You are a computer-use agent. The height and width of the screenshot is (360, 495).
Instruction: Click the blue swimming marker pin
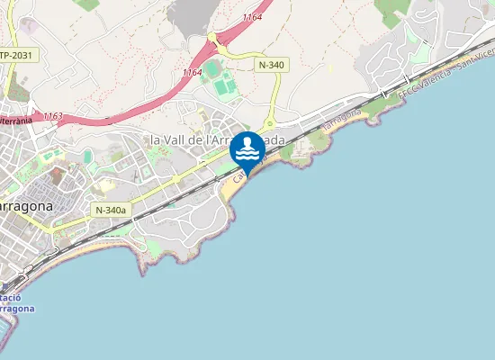[x=247, y=149]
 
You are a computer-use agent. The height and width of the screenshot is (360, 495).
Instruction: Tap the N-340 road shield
[x=272, y=65]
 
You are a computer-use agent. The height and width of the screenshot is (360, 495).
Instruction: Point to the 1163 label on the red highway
[x=52, y=116]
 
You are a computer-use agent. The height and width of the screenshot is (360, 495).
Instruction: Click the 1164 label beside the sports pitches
[x=192, y=72]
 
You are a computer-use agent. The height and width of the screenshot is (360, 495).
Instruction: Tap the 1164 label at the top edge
[x=253, y=17]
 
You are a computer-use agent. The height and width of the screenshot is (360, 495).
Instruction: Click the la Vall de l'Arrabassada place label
[x=216, y=140]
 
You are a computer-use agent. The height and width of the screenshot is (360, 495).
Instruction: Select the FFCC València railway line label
[x=441, y=76]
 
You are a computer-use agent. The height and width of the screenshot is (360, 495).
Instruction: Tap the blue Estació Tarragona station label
[x=16, y=302]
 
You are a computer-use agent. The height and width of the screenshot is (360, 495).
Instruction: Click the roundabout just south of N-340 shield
[x=269, y=125]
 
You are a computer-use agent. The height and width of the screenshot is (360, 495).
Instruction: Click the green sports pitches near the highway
[x=219, y=77]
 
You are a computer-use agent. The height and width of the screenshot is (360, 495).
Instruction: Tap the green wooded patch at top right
[x=391, y=11]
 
